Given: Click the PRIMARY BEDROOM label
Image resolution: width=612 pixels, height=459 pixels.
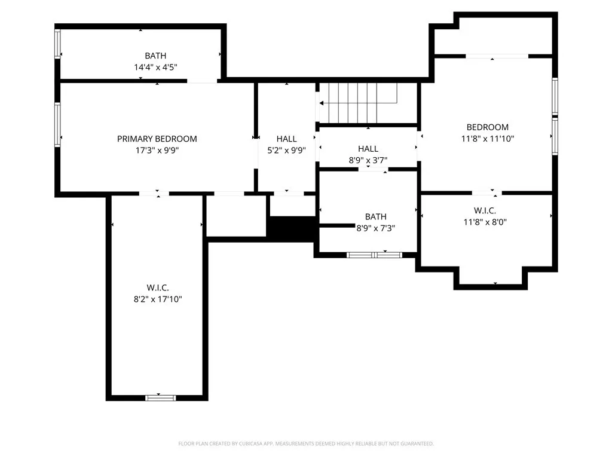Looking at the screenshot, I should tap(157, 139).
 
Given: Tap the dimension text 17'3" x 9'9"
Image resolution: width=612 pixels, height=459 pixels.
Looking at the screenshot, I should tap(157, 151).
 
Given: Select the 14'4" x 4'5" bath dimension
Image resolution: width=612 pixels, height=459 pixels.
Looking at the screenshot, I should tap(155, 68).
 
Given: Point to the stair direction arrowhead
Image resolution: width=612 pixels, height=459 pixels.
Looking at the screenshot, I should tap(322, 103).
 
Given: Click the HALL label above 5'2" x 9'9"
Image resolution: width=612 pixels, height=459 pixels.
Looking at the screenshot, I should tap(286, 139).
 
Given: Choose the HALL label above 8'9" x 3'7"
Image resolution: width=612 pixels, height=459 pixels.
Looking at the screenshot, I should tap(368, 149).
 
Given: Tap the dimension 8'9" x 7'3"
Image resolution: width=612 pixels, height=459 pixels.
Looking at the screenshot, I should tap(375, 228).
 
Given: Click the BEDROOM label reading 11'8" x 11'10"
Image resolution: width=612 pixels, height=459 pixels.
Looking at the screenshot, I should tap(487, 127).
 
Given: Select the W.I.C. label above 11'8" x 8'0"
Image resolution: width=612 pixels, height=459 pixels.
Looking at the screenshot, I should tap(485, 210).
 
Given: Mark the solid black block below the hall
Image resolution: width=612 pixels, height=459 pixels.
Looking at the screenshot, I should tap(290, 228).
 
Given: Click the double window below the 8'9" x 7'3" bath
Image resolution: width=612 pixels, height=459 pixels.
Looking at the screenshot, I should tap(375, 255).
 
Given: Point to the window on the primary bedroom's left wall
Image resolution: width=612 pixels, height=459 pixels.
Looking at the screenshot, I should tap(58, 124).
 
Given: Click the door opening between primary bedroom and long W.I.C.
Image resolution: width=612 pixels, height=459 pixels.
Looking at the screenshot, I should tap(154, 193).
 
